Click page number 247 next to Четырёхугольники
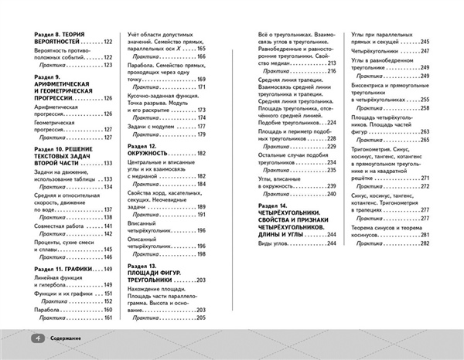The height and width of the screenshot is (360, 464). click(424, 50)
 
